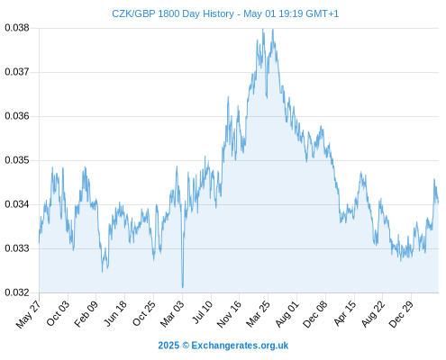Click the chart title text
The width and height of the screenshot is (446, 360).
point(225,13)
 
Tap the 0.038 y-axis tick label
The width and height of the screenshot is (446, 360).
point(17,28)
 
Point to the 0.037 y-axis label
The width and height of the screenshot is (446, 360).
point(17,72)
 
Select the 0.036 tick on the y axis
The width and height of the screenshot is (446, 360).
point(17,116)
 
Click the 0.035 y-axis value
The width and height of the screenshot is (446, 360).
point(17,160)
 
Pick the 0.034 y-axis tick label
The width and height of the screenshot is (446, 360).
point(17,204)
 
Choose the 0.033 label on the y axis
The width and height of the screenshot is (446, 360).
point(17,248)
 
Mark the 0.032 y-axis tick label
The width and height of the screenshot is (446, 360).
point(17,292)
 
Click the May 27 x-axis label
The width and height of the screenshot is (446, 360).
point(28,314)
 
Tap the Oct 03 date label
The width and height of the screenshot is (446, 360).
point(58,313)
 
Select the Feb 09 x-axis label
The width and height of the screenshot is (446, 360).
point(86,314)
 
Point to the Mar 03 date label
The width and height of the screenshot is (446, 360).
point(172,314)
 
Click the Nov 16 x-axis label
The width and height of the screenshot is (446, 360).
point(229,314)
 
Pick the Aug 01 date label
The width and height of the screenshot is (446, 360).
point(287,314)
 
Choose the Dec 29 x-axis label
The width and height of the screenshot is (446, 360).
point(401,314)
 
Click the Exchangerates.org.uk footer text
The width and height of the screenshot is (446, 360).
point(223,346)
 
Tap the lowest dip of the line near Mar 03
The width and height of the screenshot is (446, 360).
point(182,287)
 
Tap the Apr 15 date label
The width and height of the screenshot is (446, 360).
point(344,313)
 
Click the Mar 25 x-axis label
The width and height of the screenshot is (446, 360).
point(258,314)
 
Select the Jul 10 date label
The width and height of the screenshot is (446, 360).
point(203,312)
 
